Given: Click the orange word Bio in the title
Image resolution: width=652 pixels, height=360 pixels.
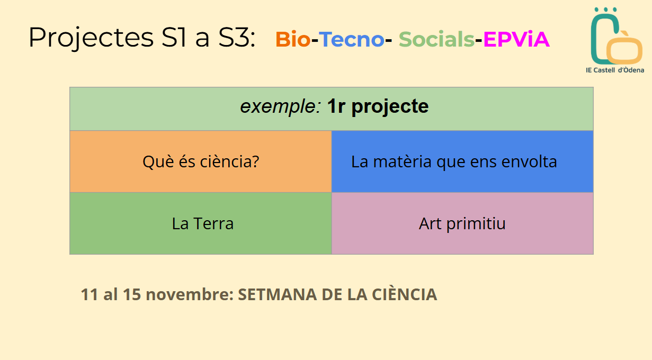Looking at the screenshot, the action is [x=293, y=39].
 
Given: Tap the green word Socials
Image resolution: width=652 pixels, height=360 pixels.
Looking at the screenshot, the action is [x=436, y=39].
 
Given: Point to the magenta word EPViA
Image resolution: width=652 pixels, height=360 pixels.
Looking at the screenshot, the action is [x=516, y=39].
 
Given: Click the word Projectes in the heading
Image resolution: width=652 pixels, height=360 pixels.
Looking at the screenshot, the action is [x=91, y=38].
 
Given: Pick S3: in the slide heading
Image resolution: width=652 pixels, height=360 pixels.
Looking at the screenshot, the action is [x=237, y=37].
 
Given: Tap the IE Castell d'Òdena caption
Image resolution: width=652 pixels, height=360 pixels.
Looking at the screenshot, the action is [x=615, y=70].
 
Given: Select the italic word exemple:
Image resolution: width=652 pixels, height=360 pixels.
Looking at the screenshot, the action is [x=281, y=106].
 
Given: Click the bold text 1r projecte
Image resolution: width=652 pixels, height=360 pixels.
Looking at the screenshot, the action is [x=378, y=106].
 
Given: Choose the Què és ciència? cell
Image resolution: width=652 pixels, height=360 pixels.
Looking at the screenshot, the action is [x=201, y=161].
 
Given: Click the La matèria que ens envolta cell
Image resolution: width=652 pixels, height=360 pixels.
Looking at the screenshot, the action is [x=462, y=161].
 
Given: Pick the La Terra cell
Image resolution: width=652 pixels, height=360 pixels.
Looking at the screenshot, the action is [x=201, y=223].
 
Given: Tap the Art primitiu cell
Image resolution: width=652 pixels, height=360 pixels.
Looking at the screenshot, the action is [x=462, y=223].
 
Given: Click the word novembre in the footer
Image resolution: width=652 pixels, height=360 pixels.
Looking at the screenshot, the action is [x=190, y=294].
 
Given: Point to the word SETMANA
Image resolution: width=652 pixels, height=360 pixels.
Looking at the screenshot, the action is [x=278, y=294].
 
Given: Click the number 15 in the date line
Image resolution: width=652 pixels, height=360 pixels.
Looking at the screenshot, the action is [x=132, y=294].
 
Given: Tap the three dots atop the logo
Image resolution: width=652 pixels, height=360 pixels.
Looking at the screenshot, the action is [x=606, y=10].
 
